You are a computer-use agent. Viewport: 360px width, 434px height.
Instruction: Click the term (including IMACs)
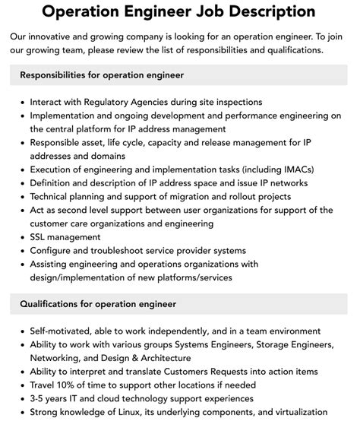click(273, 169)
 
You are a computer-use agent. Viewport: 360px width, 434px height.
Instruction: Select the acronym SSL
click(40, 237)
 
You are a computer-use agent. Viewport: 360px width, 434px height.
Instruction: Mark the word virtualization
click(297, 413)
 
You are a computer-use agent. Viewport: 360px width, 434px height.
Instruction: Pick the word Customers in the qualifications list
click(184, 372)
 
